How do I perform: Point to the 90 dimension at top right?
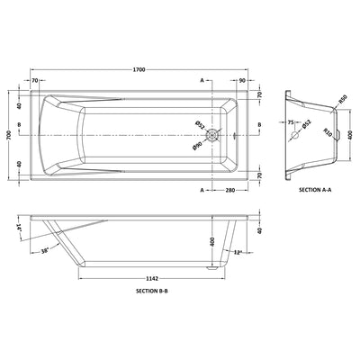tap(243, 80)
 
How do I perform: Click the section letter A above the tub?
tap(202, 80)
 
